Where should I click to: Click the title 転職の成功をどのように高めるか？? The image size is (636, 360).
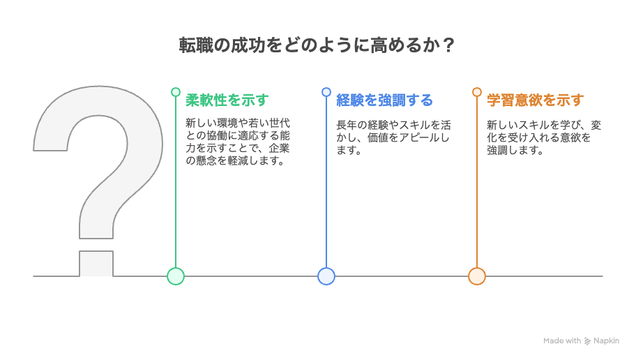click(317, 45)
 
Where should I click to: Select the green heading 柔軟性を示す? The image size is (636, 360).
click(227, 100)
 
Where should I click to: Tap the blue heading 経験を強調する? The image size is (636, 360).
click(384, 100)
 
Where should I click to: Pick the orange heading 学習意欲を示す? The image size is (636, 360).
click(536, 100)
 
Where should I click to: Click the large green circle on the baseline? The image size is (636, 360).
click(176, 276)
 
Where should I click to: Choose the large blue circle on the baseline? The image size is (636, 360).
click(326, 276)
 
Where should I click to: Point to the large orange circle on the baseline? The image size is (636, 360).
click(477, 276)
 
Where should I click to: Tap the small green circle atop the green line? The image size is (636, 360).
click(176, 92)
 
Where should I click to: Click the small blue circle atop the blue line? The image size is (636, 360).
click(326, 92)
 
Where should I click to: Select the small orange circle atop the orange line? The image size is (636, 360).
click(477, 92)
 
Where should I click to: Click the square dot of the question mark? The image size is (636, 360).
click(96, 264)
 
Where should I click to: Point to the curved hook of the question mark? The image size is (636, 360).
click(98, 162)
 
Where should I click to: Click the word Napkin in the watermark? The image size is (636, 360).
click(607, 341)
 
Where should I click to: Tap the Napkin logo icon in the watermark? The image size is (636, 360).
click(587, 341)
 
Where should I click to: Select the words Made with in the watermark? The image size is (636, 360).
click(562, 341)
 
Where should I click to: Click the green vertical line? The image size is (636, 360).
click(176, 182)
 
